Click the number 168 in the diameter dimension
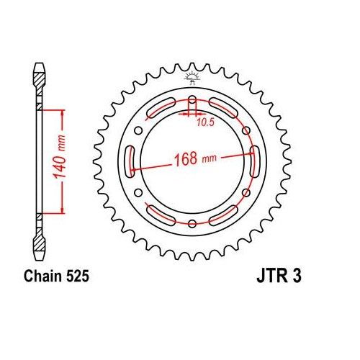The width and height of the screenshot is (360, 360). [183, 158]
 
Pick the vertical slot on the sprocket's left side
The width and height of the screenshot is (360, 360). [131, 159]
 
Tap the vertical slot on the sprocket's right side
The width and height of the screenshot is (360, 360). [253, 159]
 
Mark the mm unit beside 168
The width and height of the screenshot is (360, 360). [210, 157]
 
